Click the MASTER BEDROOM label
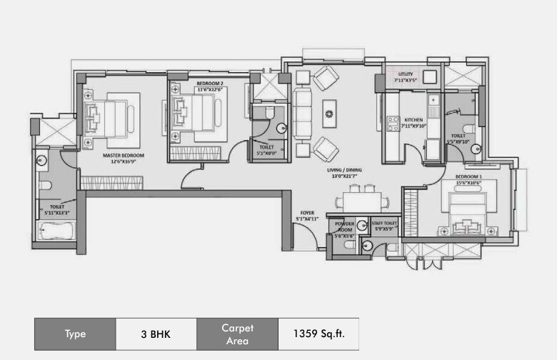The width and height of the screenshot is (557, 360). (x=124, y=155)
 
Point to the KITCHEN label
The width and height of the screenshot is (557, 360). (x=415, y=119)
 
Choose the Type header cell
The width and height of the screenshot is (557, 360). (x=75, y=333)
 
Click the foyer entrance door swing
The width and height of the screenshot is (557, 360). (x=300, y=236)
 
